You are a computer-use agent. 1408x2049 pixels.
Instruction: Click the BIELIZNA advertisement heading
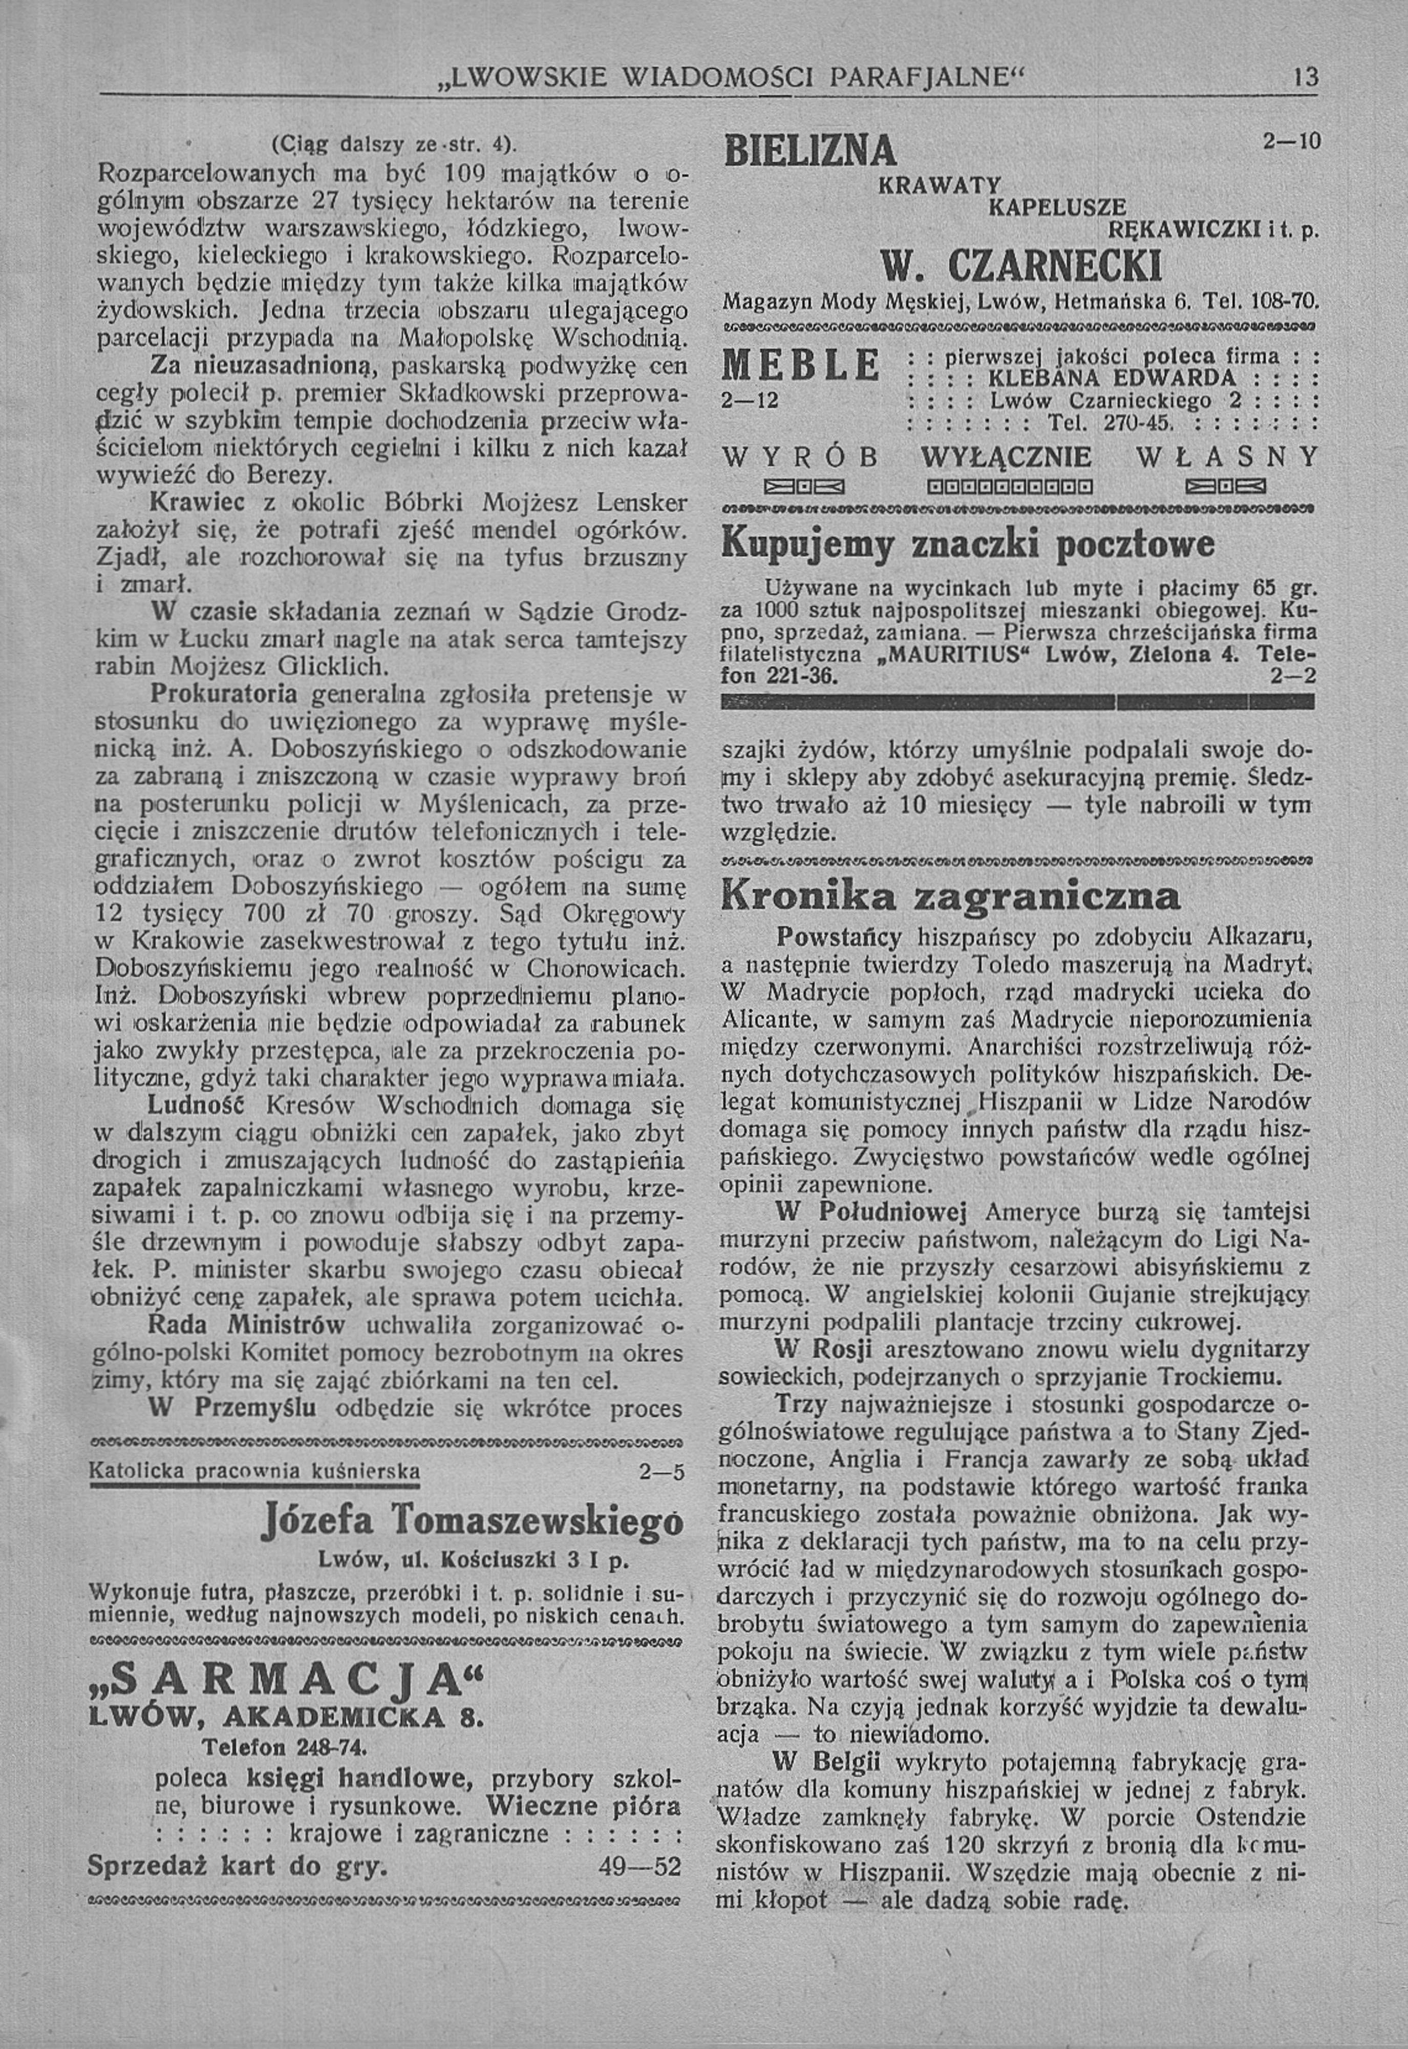(809, 152)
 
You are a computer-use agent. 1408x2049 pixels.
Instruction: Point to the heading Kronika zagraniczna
(950, 896)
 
